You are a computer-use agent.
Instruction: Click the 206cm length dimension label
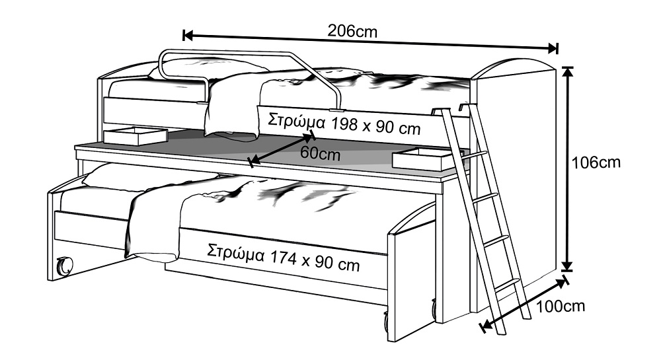coord(352,31)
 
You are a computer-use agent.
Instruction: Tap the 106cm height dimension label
coord(596,162)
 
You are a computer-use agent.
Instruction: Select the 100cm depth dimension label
coord(561,306)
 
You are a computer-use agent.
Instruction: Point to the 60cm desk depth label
coord(320,153)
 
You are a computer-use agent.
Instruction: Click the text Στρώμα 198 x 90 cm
coord(344,124)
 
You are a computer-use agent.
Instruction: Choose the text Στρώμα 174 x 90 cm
coord(284,258)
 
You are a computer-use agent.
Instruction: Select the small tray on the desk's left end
coord(136,135)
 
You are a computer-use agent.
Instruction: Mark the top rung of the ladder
coord(474,155)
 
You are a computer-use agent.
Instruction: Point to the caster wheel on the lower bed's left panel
coord(65,266)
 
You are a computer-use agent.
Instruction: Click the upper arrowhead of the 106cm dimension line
coord(568,73)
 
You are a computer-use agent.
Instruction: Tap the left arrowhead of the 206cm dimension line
coord(188,36)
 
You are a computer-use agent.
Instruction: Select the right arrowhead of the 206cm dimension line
coord(553,48)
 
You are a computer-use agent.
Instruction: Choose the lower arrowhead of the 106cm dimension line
coord(568,266)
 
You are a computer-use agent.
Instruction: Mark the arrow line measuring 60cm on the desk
coord(282,149)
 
